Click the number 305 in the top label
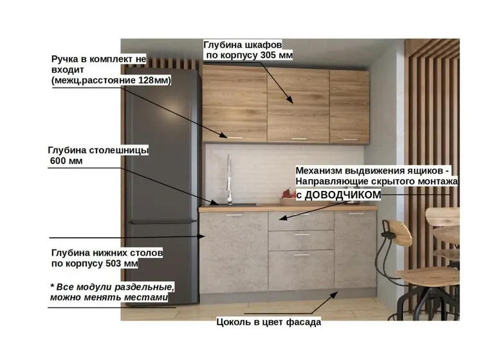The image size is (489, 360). click(267, 55)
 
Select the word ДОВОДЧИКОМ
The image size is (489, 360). click(343, 195)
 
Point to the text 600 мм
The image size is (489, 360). click(66, 161)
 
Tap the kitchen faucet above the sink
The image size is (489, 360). click(229, 179)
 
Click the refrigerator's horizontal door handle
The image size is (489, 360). click(163, 222)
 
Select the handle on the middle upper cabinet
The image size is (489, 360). click(299, 139)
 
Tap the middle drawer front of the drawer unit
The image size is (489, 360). click(301, 240)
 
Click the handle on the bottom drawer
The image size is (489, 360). click(302, 255)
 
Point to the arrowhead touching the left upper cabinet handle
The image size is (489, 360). click(223, 135)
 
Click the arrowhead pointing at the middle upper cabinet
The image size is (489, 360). click(290, 100)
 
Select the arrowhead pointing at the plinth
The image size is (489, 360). click(335, 294)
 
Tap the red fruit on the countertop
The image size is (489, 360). click(288, 194)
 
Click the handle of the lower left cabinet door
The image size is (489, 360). click(234, 215)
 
